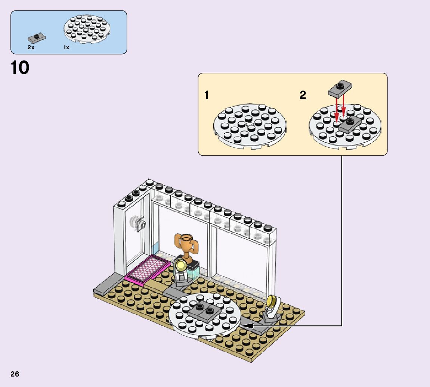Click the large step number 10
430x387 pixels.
click(x=20, y=68)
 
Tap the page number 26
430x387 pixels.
click(x=15, y=374)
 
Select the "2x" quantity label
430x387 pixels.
click(x=31, y=47)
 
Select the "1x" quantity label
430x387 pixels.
click(x=66, y=47)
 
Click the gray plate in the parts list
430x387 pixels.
click(x=37, y=38)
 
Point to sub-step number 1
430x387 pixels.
click(x=207, y=95)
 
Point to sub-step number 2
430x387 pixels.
click(x=303, y=95)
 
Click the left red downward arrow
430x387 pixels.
click(x=337, y=108)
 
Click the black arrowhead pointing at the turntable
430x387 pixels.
click(x=247, y=326)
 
